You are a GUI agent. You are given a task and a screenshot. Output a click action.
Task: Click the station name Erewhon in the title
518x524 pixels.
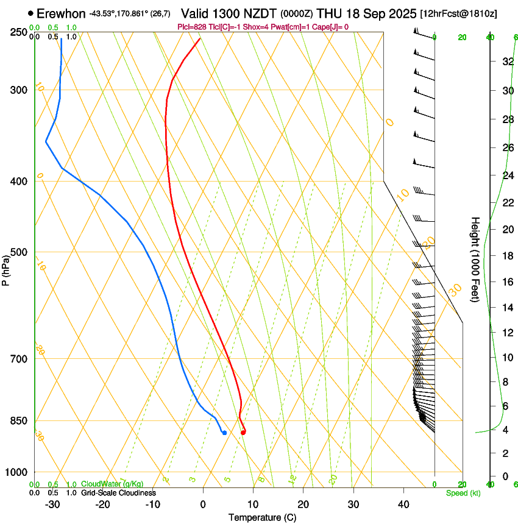coord(61,13)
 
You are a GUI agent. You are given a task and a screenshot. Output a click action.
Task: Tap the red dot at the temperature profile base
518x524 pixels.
coord(243,433)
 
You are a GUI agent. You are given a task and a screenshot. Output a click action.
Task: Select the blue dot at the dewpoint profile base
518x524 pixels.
coord(224,433)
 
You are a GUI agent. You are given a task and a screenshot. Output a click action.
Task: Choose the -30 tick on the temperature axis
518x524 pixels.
coord(52,504)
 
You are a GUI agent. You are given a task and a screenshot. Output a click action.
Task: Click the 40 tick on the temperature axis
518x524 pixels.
coord(403,504)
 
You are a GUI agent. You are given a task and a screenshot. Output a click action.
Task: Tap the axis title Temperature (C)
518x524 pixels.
coord(262,517)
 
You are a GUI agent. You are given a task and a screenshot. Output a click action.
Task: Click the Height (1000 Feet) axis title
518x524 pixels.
coord(475,259)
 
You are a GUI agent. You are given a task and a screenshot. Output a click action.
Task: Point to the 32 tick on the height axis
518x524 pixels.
coord(506,61)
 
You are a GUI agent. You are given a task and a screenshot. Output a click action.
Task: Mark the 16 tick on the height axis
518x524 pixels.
coord(506,282)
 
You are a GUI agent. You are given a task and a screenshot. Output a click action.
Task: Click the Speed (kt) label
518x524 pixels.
coord(463,493)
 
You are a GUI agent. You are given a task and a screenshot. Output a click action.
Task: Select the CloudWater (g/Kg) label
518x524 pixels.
coord(112,484)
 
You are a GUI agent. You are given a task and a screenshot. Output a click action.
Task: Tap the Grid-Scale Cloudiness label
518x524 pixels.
coord(118,493)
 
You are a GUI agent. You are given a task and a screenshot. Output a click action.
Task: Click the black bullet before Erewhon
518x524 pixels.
coord(30,13)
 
